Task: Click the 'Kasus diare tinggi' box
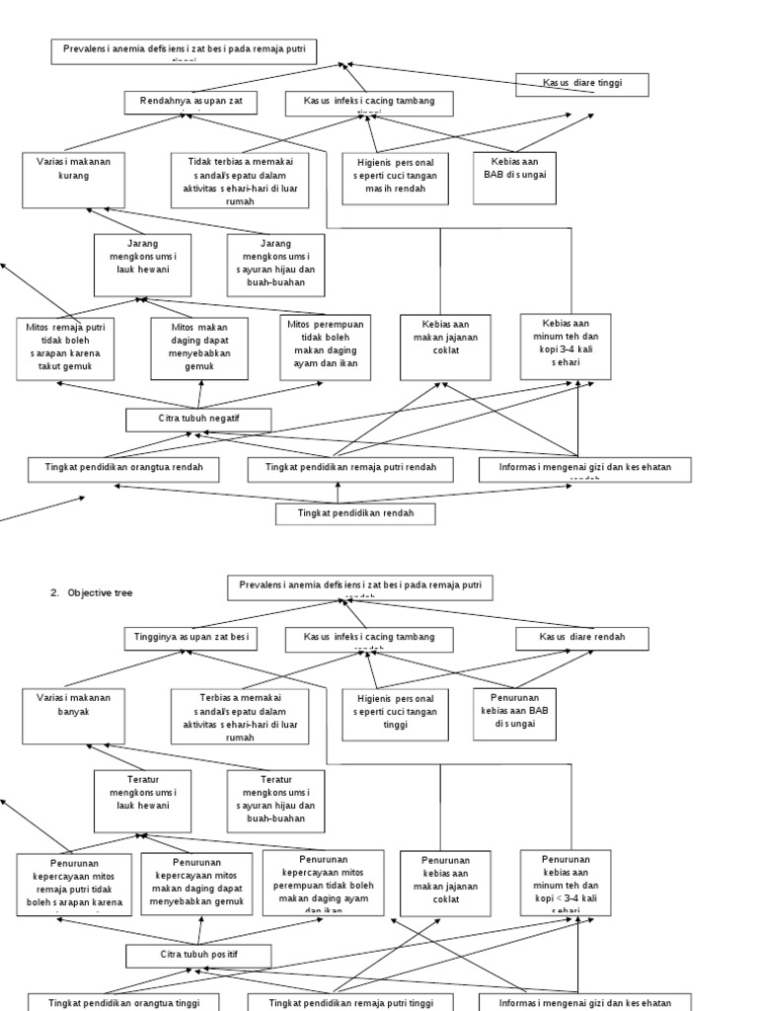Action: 583,85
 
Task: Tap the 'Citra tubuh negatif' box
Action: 198,420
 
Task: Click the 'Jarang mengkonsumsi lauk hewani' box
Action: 142,265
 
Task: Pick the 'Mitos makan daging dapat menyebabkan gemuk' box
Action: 198,348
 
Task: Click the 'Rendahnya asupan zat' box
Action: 190,102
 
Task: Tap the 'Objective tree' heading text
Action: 98,592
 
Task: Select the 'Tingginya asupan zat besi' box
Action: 190,639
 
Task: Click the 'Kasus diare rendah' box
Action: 583,639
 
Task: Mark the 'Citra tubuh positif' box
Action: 198,956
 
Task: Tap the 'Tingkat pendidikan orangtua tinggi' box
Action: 122,1002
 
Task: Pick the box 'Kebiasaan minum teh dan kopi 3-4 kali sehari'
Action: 566,346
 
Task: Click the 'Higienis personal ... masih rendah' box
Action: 395,178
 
